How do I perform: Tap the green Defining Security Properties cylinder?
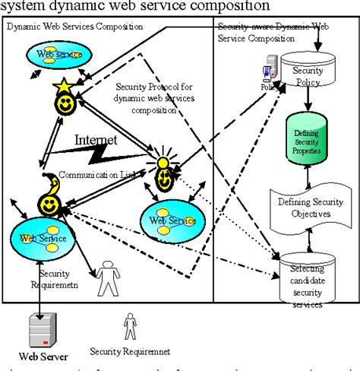pos(306,141)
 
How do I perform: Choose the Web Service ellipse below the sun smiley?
pos(172,221)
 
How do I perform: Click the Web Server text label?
pos(43,356)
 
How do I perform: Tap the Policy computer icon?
pos(267,71)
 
